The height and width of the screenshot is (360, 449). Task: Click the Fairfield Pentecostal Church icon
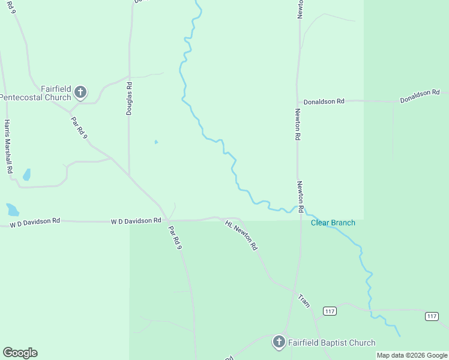coord(80,92)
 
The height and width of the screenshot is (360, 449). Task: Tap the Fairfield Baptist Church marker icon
coord(279,342)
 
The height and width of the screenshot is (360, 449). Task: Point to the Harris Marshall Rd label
coord(8,146)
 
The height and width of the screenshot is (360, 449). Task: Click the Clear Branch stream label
coord(333,223)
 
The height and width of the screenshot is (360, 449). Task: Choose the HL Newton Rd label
coord(241,235)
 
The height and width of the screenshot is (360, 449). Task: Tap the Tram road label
coord(304,301)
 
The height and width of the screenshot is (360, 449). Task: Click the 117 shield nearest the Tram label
coord(329,311)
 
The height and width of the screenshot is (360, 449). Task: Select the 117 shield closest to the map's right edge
coord(432,316)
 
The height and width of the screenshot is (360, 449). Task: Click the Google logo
coord(20,353)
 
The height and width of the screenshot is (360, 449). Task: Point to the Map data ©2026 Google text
coord(412,355)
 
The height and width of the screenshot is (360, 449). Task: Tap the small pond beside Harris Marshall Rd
coord(26,175)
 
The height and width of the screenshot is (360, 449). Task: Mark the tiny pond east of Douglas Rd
coord(156,142)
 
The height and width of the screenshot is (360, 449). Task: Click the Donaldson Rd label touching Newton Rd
coord(324,101)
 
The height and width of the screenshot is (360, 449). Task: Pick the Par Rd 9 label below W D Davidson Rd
coord(175,237)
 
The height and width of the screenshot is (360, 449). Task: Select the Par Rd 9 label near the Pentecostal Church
coord(79,128)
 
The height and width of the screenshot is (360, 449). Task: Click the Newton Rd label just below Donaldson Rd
coord(297,124)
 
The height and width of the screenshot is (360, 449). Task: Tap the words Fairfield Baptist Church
coord(331,343)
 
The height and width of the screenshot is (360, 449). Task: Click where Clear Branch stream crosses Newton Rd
coord(298,209)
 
